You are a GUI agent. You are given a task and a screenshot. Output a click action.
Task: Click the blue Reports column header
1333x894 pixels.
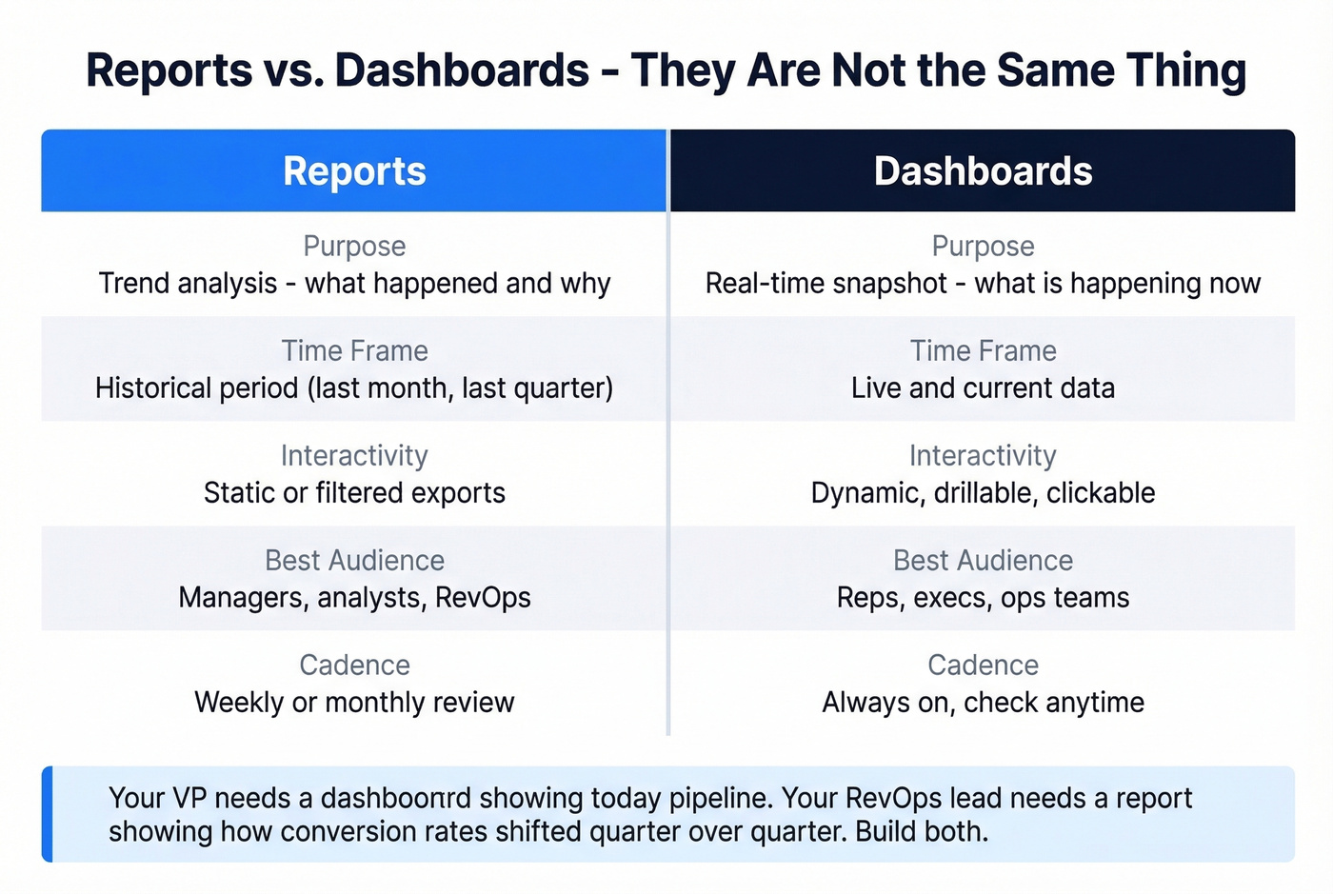point(354,171)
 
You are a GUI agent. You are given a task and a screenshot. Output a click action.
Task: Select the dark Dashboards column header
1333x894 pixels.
point(983,171)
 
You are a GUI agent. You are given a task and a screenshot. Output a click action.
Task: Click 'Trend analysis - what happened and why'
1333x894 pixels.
point(354,284)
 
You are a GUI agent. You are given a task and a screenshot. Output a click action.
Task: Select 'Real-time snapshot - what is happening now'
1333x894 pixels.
point(983,284)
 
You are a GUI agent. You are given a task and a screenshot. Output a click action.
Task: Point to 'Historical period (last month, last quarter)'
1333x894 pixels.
point(354,388)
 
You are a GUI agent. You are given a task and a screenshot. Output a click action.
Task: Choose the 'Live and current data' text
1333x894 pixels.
point(983,388)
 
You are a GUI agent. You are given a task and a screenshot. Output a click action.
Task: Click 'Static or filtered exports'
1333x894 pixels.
point(354,493)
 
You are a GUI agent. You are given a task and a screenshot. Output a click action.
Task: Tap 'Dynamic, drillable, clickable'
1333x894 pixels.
point(983,493)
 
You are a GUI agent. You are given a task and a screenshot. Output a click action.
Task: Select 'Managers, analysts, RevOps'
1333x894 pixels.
point(354,598)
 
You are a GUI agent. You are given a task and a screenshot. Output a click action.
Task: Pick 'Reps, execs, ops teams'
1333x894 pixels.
point(983,598)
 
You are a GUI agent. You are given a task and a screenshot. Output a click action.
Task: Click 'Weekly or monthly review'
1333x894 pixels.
point(354,703)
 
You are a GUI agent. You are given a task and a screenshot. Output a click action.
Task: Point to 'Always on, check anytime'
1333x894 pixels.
point(983,703)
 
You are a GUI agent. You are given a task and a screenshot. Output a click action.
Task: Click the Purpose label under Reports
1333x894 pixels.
point(354,247)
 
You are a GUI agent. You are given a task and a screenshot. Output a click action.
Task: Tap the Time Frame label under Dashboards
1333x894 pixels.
point(983,351)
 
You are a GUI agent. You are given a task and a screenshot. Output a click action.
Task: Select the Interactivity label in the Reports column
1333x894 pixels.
point(354,456)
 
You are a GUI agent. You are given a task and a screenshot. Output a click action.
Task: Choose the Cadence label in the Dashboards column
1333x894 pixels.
point(983,666)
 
